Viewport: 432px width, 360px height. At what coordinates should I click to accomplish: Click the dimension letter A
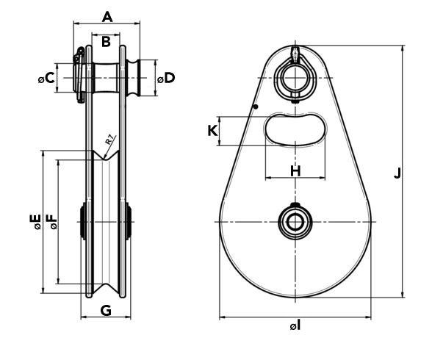point(107,17)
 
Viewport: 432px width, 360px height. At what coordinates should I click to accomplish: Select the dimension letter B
point(106,42)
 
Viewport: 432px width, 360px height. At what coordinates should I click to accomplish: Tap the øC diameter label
point(46,78)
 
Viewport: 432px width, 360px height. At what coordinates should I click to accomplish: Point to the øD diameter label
point(166,78)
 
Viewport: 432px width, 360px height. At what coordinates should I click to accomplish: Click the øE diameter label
point(35,222)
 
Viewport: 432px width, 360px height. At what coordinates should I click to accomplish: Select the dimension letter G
point(106,311)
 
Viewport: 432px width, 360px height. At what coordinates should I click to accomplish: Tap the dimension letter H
point(295,171)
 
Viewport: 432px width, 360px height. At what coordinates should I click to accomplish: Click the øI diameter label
point(295,326)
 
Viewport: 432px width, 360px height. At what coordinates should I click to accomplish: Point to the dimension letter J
point(397,173)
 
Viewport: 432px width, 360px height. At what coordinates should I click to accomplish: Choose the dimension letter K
point(213,131)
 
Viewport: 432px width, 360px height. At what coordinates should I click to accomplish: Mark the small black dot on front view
point(256,107)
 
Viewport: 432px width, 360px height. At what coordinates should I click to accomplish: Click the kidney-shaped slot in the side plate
point(295,129)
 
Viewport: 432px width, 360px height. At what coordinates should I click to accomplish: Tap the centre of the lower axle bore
point(295,222)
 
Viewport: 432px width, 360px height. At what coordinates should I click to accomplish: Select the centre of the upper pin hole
point(295,78)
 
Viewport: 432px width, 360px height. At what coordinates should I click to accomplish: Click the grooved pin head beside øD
point(133,78)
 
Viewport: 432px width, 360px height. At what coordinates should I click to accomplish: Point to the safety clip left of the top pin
point(79,75)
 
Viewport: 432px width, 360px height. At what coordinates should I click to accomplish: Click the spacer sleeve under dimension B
point(106,78)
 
